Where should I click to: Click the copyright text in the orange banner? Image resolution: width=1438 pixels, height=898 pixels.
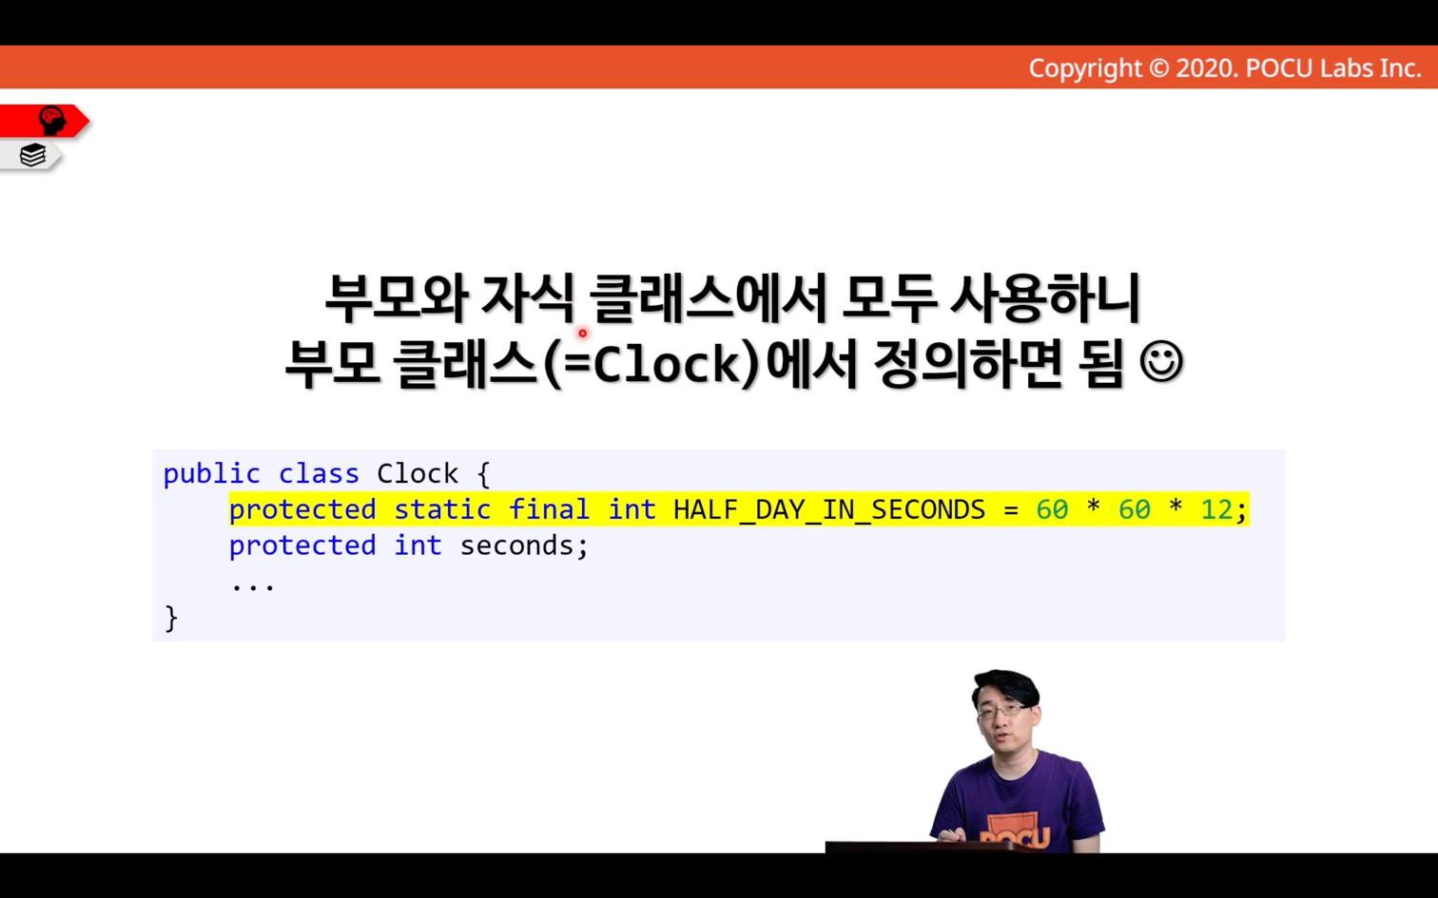tap(1225, 68)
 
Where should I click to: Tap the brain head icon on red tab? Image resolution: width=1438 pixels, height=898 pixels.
tap(51, 120)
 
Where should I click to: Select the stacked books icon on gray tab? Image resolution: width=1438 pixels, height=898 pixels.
tap(32, 155)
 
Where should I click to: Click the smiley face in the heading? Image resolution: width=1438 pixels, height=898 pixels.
tap(1160, 362)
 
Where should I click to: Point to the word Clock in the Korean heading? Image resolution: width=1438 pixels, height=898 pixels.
tap(676, 364)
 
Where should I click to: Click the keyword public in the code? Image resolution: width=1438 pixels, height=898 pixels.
tap(212, 474)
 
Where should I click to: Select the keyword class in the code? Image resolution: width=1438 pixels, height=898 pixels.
tap(319, 474)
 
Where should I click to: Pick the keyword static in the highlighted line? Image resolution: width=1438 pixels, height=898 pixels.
tap(442, 510)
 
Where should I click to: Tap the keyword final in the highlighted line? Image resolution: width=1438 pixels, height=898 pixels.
tap(549, 510)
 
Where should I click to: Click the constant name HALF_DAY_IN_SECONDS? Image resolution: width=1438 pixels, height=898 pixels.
tap(828, 510)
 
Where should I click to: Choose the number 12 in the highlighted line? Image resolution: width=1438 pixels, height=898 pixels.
tap(1216, 510)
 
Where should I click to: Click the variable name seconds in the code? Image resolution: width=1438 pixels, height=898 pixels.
tap(515, 546)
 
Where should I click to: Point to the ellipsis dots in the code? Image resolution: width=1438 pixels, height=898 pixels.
tap(253, 585)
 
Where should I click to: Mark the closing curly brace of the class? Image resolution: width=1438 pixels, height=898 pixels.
tap(171, 619)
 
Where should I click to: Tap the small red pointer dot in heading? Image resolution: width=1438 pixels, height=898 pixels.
tap(582, 333)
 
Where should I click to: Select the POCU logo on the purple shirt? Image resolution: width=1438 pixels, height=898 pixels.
tap(1014, 832)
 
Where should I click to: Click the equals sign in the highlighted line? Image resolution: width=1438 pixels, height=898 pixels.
tap(1010, 510)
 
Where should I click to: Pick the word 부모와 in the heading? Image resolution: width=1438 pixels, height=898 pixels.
tap(396, 298)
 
